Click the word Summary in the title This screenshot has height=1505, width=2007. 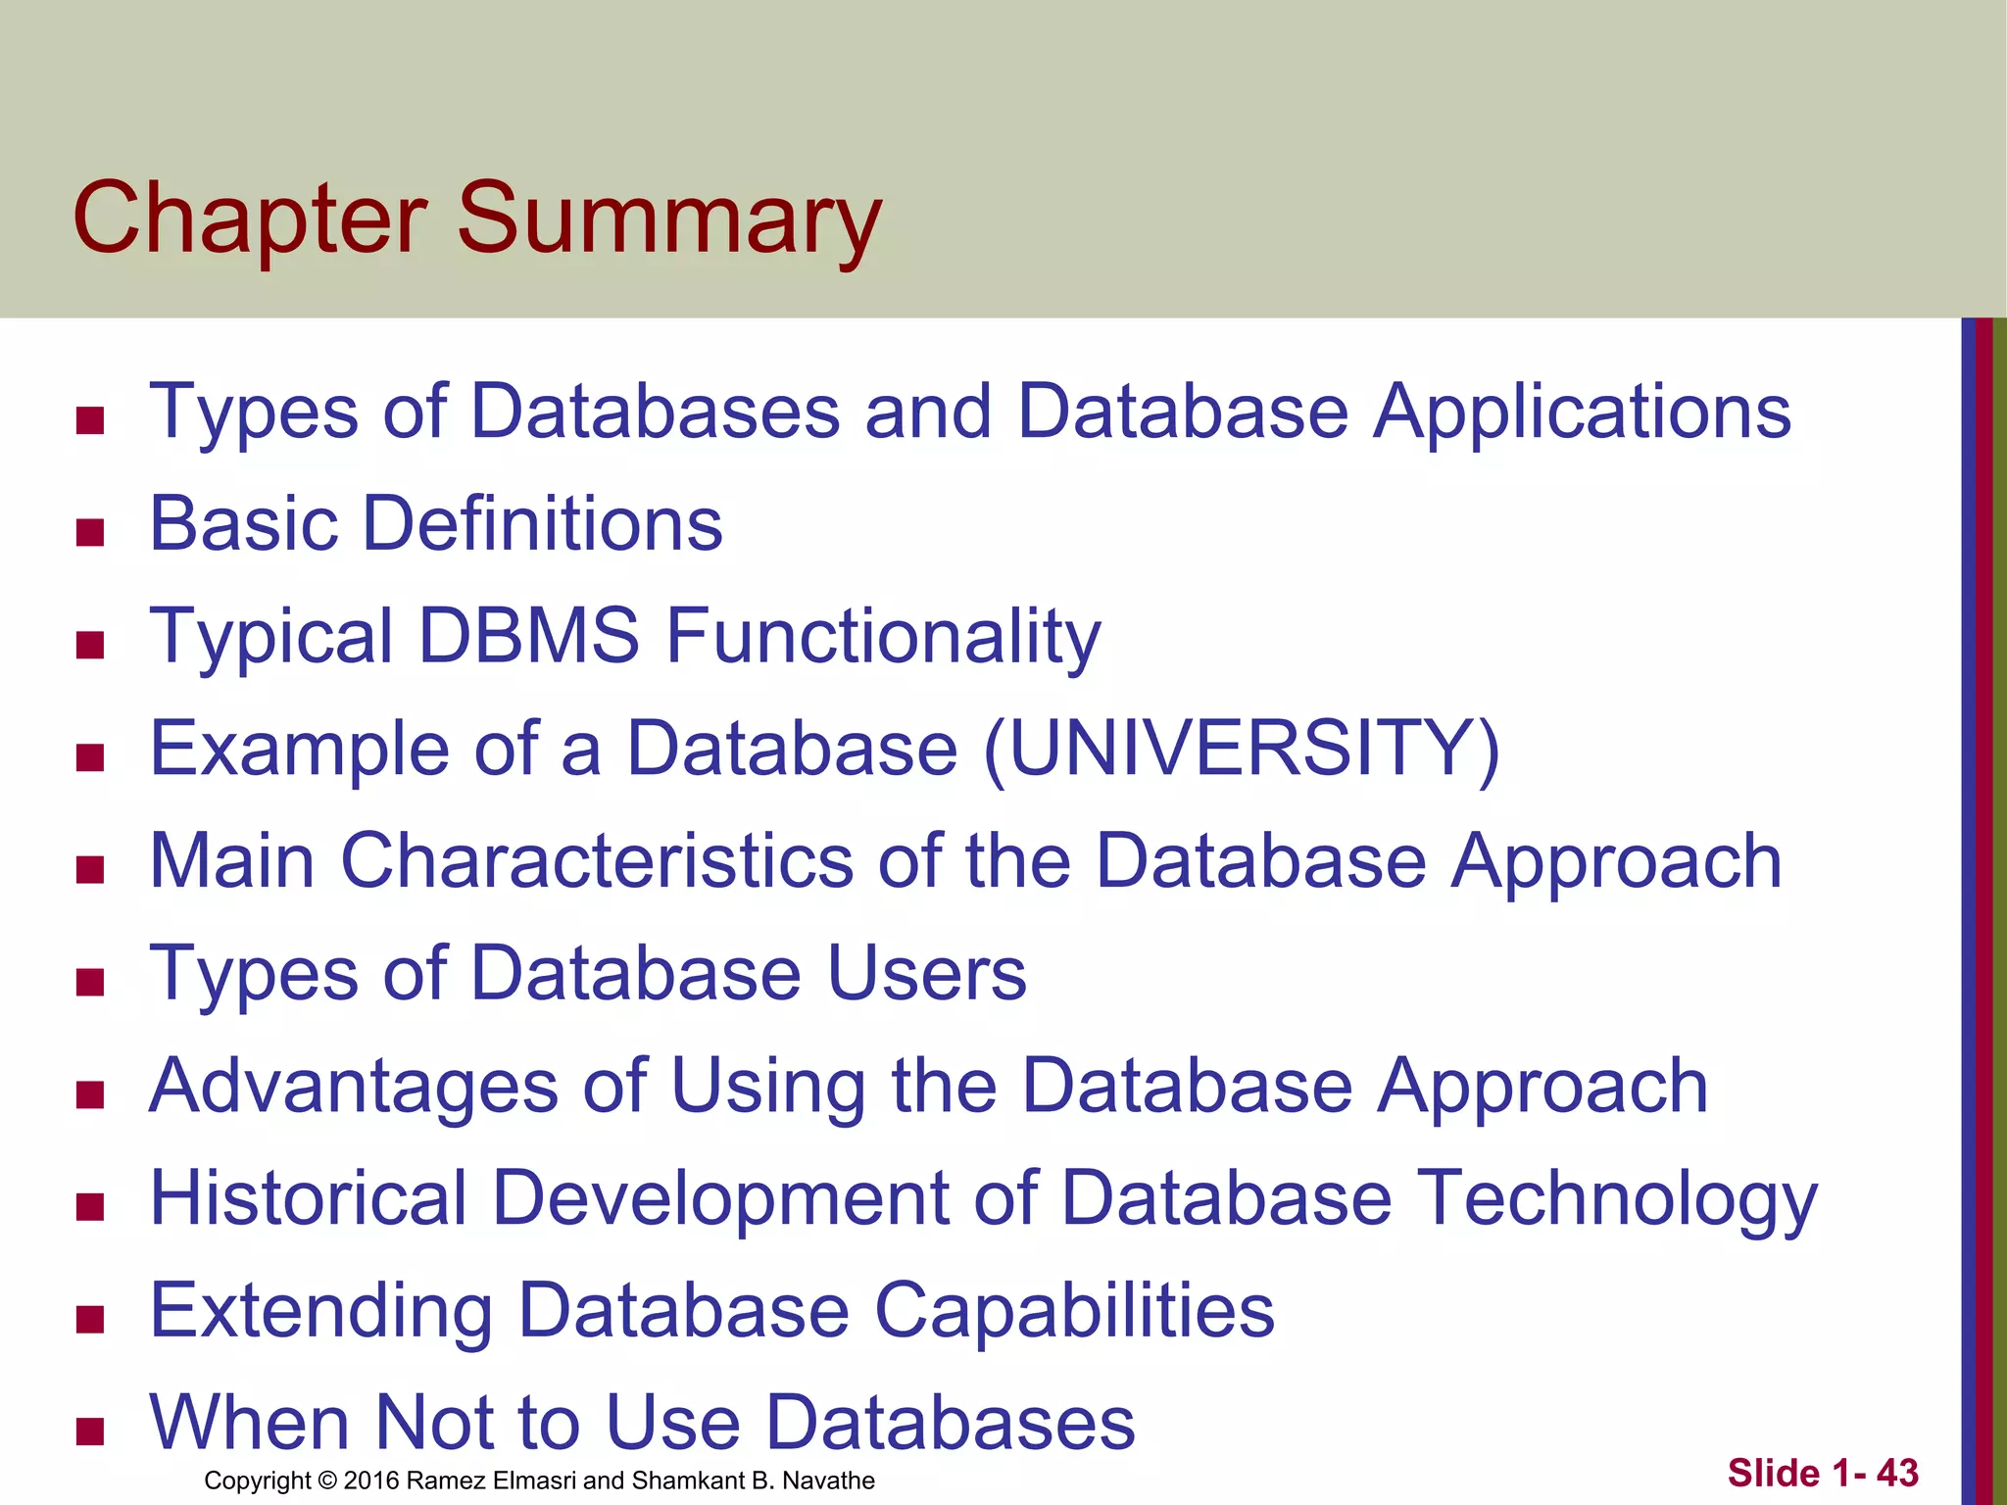pyautogui.click(x=669, y=219)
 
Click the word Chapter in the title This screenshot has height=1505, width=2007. pyautogui.click(x=250, y=219)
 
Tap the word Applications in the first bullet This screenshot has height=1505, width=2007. pyautogui.click(x=1582, y=412)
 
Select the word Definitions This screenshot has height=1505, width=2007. pyautogui.click(x=543, y=523)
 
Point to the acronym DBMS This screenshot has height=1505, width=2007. pyautogui.click(x=529, y=636)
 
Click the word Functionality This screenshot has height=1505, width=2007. pyautogui.click(x=883, y=636)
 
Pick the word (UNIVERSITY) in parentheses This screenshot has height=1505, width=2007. pyautogui.click(x=1242, y=750)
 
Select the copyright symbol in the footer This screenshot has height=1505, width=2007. pyautogui.click(x=327, y=1481)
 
